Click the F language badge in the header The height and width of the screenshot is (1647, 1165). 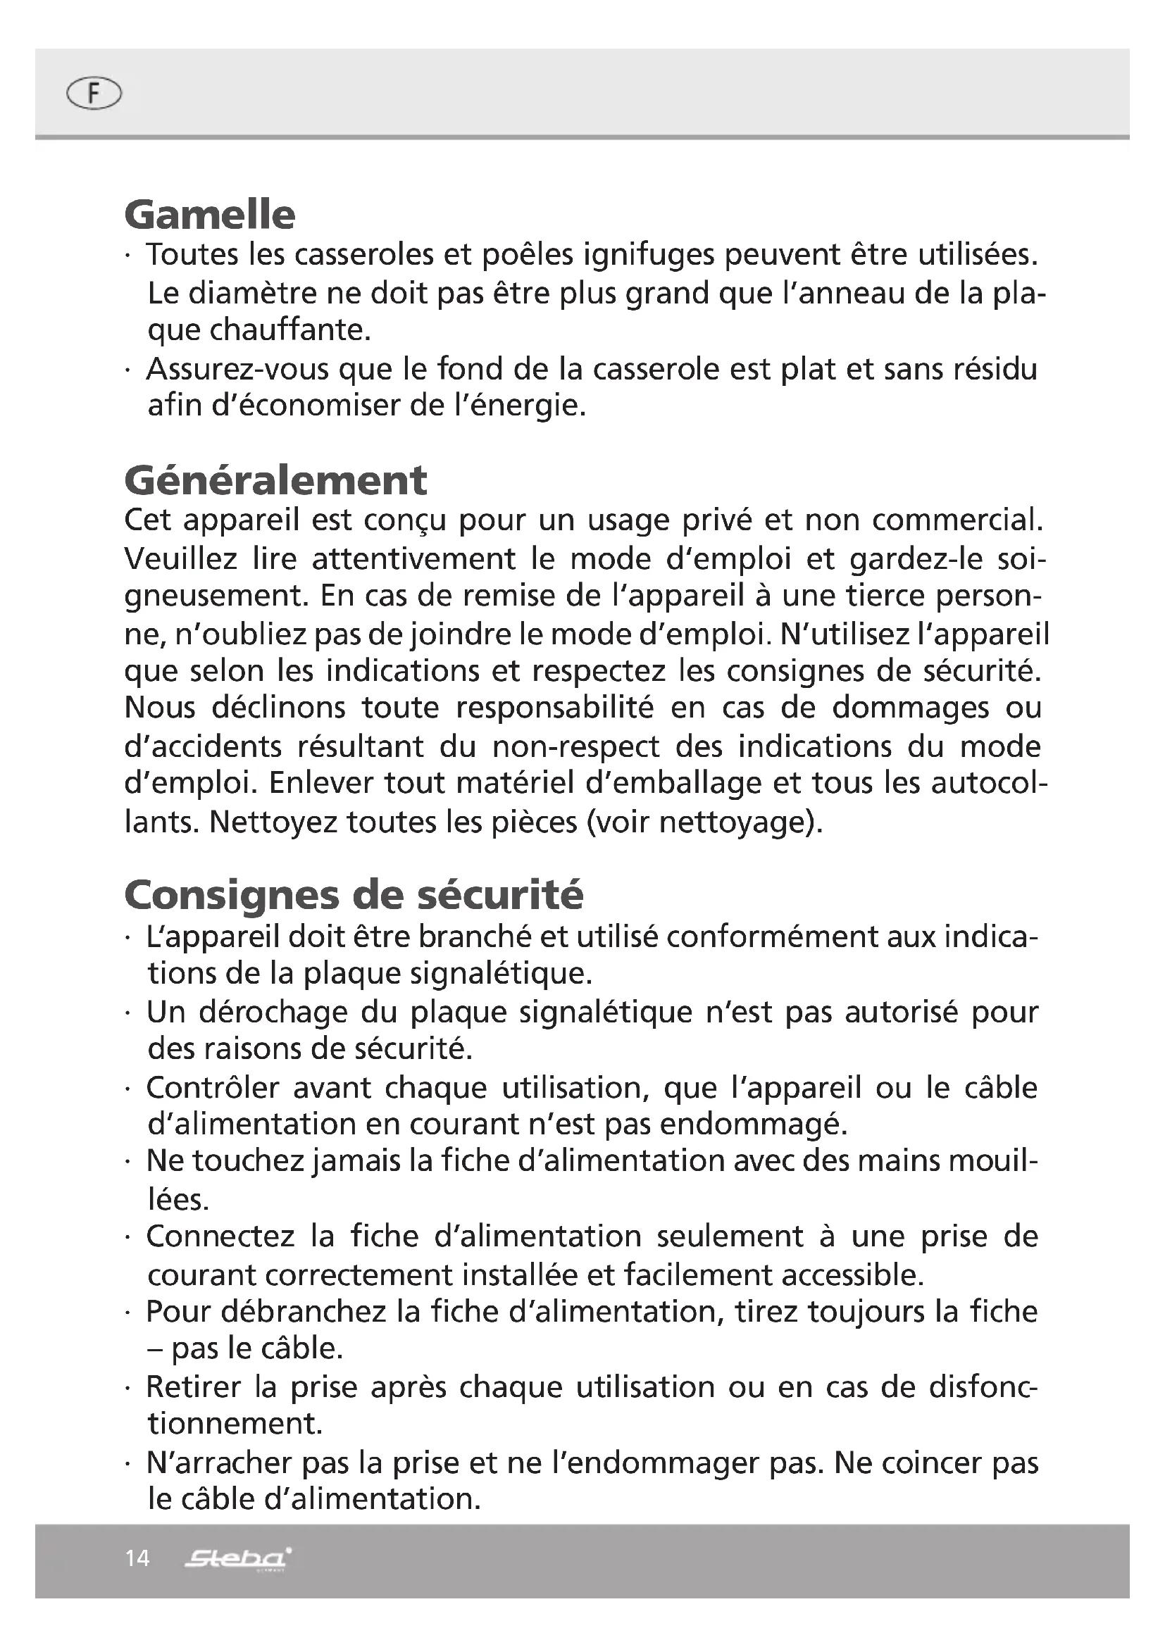point(93,94)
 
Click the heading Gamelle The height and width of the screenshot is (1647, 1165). point(209,215)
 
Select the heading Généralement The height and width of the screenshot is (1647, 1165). point(275,480)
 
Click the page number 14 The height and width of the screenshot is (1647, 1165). point(137,1558)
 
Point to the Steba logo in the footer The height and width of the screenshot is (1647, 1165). point(237,1558)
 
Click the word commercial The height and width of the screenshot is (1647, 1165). point(957,520)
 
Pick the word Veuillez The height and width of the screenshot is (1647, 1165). point(181,559)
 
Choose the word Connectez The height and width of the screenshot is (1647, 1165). point(220,1236)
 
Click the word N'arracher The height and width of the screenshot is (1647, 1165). point(219,1463)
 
